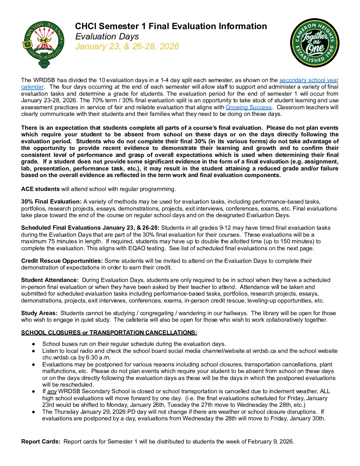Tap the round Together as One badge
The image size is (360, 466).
(314, 43)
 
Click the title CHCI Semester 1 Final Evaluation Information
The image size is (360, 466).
(171, 26)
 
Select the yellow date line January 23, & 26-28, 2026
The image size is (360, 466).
(127, 46)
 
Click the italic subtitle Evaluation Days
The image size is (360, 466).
(107, 36)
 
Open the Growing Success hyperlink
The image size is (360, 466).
(248, 107)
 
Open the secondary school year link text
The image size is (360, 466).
(309, 80)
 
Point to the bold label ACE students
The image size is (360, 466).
(40, 189)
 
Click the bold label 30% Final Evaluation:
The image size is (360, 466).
(51, 202)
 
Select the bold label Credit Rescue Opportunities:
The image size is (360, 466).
(62, 261)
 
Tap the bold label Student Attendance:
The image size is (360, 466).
(50, 280)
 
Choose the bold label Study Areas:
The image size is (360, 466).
(39, 313)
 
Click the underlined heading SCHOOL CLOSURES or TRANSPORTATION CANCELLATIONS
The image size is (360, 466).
(109, 333)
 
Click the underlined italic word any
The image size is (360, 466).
(52, 392)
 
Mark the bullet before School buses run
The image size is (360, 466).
(34, 344)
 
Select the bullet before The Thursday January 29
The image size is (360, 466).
(34, 412)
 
